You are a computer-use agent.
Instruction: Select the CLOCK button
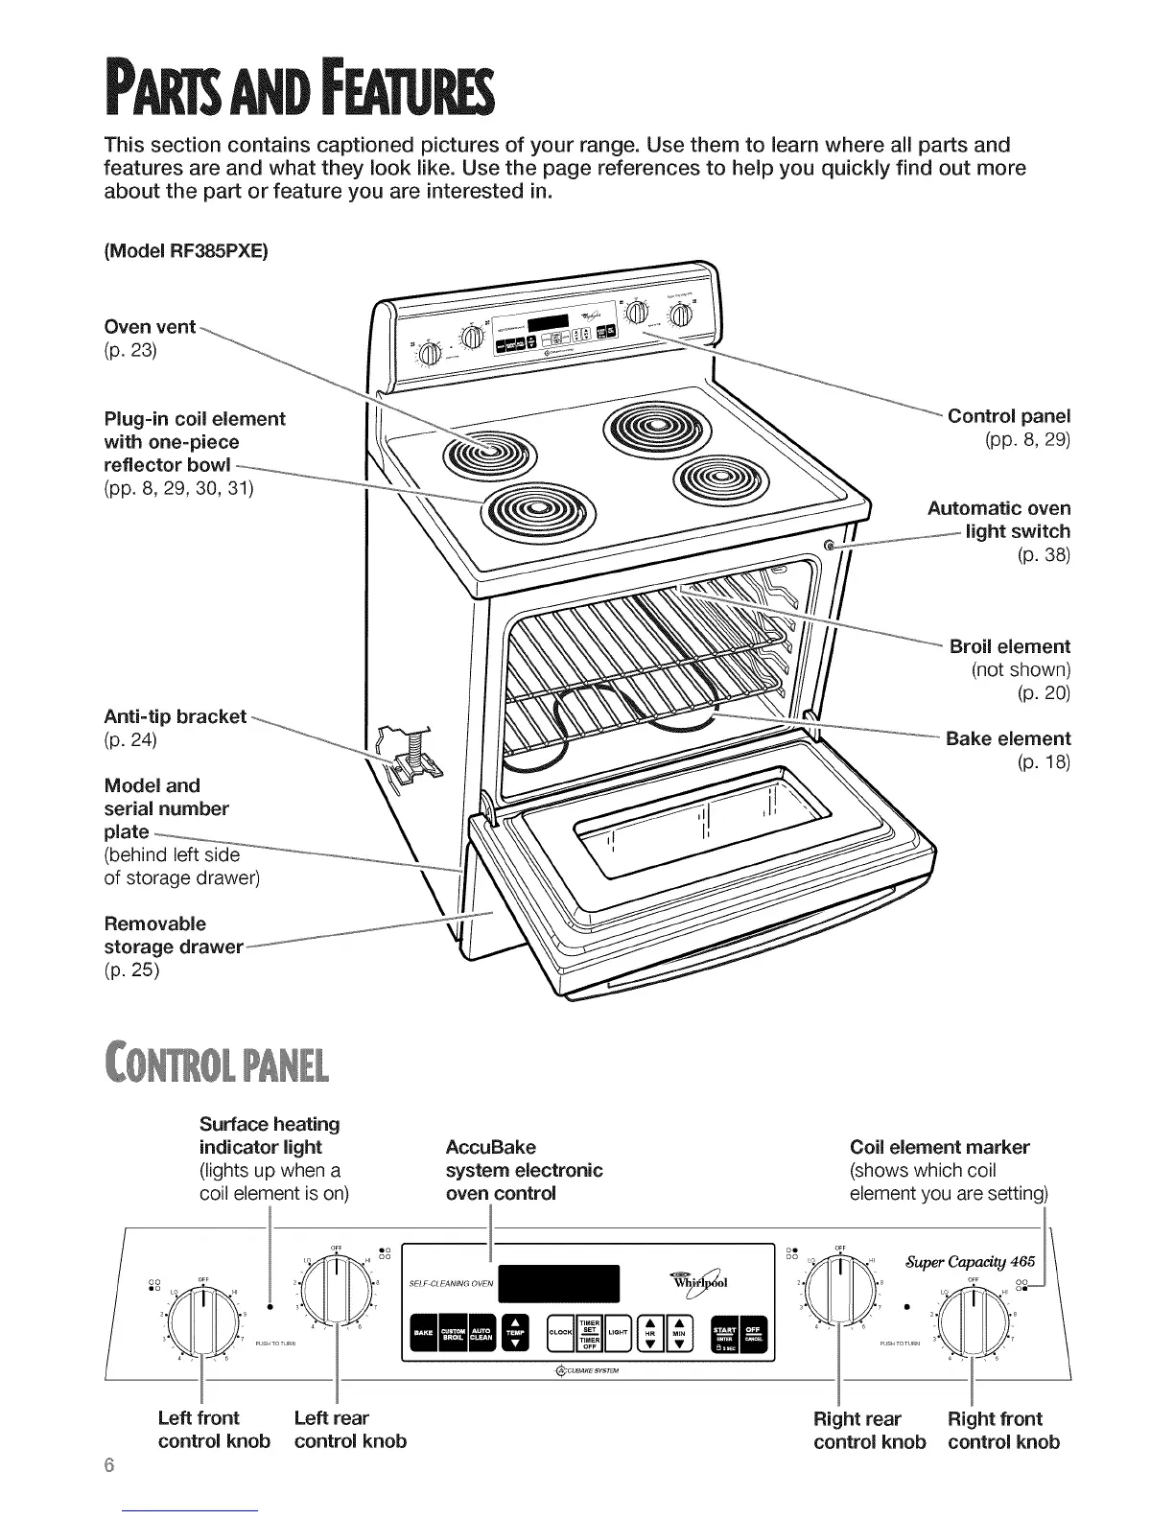559,1332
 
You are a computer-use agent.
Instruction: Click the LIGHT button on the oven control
618,1332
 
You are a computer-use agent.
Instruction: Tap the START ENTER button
725,1327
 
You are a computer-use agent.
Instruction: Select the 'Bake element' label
1008,738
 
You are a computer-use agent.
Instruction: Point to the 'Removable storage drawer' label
173,935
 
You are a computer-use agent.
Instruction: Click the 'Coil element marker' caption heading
939,1147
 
